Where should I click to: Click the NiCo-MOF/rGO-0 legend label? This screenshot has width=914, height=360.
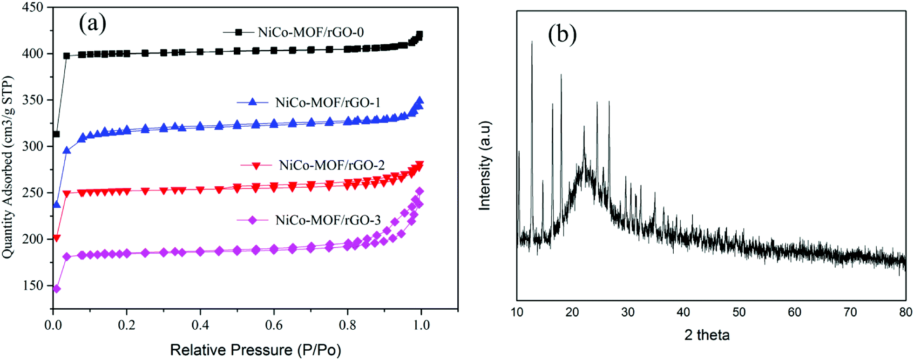pyautogui.click(x=311, y=32)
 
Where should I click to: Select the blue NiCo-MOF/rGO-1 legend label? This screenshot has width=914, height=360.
pyautogui.click(x=328, y=102)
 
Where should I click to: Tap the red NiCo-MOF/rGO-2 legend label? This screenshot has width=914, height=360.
pyautogui.click(x=332, y=165)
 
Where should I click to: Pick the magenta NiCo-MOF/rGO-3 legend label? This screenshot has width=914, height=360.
pyautogui.click(x=328, y=220)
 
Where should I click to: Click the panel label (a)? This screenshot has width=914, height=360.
pyautogui.click(x=92, y=23)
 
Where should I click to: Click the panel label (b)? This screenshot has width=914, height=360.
pyautogui.click(x=562, y=34)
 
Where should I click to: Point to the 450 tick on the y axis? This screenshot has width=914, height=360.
pyautogui.click(x=33, y=7)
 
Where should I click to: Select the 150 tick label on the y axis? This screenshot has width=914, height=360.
pyautogui.click(x=33, y=285)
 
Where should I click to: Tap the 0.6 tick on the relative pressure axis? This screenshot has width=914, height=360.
pyautogui.click(x=274, y=325)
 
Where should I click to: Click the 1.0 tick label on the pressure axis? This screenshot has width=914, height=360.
pyautogui.click(x=421, y=325)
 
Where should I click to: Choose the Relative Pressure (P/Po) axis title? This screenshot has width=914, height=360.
pyautogui.click(x=255, y=350)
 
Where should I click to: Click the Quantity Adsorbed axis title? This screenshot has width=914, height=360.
pyautogui.click(x=8, y=168)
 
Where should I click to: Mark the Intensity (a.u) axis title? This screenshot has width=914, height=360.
pyautogui.click(x=485, y=166)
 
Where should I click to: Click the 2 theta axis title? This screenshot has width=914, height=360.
pyautogui.click(x=707, y=335)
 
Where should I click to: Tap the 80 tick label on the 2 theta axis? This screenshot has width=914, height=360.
pyautogui.click(x=905, y=312)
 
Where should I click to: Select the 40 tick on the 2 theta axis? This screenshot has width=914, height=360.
pyautogui.click(x=683, y=312)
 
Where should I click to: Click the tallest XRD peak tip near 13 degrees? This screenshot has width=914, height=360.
pyautogui.click(x=532, y=42)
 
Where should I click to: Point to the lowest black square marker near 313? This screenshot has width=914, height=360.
pyautogui.click(x=56, y=134)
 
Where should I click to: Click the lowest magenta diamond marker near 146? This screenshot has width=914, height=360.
pyautogui.click(x=57, y=289)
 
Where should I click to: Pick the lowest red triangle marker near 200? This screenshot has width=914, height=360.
pyautogui.click(x=57, y=238)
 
